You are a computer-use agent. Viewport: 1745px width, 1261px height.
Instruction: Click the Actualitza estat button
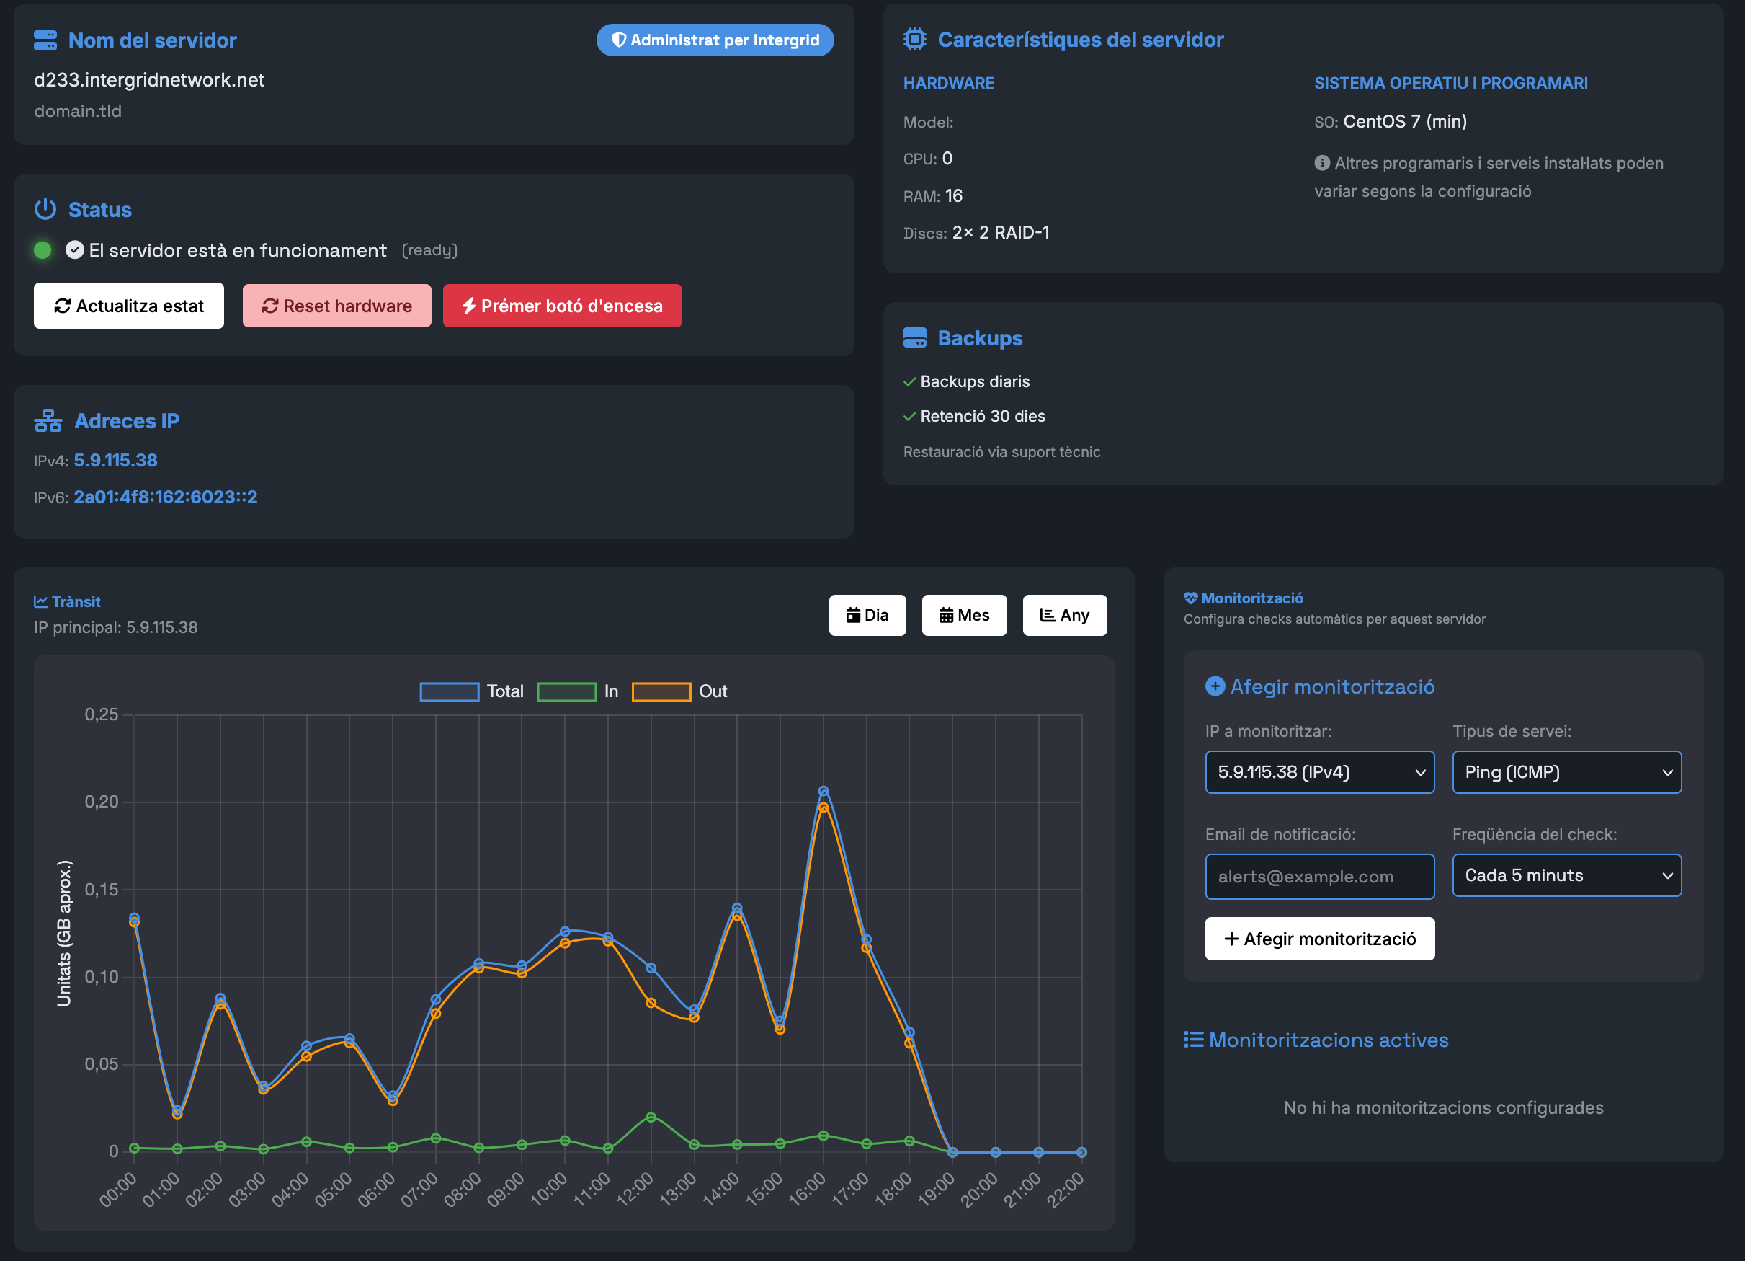pyautogui.click(x=128, y=306)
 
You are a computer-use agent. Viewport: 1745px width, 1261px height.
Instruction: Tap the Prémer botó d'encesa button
pyautogui.click(x=563, y=306)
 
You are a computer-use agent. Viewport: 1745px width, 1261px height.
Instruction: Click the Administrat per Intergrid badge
pyautogui.click(x=715, y=40)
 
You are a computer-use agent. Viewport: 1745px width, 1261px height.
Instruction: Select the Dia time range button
pyautogui.click(x=867, y=615)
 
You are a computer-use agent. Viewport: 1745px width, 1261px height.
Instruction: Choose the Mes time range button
pyautogui.click(x=964, y=615)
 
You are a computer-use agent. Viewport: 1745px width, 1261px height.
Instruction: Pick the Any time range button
pyautogui.click(x=1065, y=615)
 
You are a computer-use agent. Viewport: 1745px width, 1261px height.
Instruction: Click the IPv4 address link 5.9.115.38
pyautogui.click(x=115, y=461)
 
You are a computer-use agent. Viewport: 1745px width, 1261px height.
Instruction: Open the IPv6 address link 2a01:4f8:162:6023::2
pyautogui.click(x=166, y=497)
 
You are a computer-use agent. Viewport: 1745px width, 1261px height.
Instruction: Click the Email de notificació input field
pyautogui.click(x=1319, y=876)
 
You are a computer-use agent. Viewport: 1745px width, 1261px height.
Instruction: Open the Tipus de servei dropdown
pyautogui.click(x=1566, y=772)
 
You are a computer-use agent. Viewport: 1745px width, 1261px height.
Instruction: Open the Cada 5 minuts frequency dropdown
pyautogui.click(x=1566, y=875)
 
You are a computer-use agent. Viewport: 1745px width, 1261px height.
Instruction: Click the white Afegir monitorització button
pyautogui.click(x=1319, y=939)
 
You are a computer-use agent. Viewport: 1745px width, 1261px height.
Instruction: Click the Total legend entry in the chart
pyautogui.click(x=472, y=691)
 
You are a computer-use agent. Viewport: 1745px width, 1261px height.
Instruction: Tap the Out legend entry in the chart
pyautogui.click(x=679, y=691)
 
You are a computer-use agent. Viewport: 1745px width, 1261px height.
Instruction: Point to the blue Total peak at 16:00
pyautogui.click(x=824, y=792)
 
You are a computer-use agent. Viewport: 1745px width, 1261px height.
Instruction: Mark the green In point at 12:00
pyautogui.click(x=651, y=1117)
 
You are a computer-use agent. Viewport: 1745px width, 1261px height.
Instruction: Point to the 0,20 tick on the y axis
pyautogui.click(x=102, y=802)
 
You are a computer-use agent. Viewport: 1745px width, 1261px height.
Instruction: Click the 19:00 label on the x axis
pyautogui.click(x=937, y=1189)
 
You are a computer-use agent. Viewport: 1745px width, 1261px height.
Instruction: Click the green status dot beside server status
pyautogui.click(x=43, y=250)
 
